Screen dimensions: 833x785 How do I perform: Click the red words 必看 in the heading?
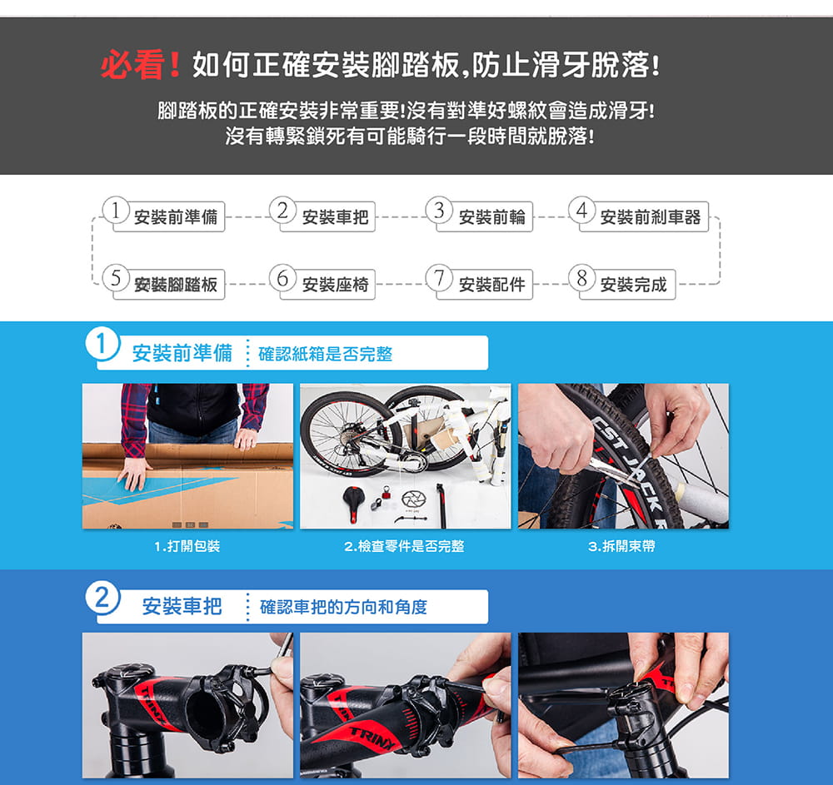coord(132,65)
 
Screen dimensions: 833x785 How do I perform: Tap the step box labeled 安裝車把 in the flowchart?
coord(327,216)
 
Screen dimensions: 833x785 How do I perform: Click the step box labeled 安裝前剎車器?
coord(644,216)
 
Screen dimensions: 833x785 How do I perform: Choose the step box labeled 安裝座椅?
coord(327,285)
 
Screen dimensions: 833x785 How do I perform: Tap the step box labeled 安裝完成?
coord(627,285)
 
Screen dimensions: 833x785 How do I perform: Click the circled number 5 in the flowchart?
coord(116,277)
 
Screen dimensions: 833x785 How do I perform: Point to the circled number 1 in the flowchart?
coord(116,210)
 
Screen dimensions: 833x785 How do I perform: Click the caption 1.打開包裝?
coord(187,546)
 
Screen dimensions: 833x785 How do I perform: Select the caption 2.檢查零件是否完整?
coord(404,546)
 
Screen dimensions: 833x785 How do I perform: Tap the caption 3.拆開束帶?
coord(622,546)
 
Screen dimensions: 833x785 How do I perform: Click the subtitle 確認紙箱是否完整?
coord(325,354)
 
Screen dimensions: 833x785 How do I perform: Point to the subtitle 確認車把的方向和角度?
coord(343,607)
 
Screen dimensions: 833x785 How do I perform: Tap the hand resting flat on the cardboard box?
coord(135,472)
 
